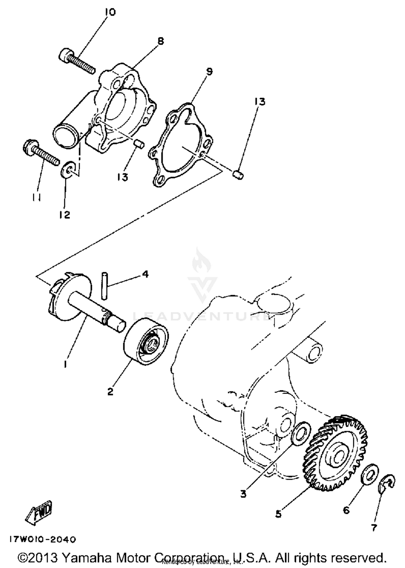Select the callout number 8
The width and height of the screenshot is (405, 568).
160,41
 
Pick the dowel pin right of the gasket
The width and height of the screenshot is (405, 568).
238,175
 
